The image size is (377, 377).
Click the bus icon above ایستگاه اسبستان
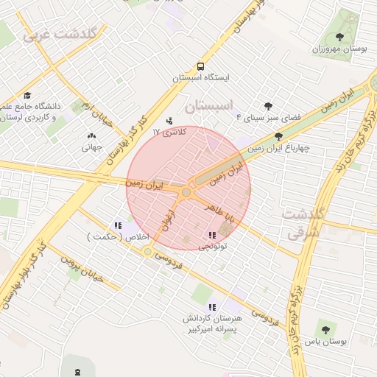pos(201,65)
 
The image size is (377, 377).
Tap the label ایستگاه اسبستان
pos(201,77)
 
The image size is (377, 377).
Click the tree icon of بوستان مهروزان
pos(339,37)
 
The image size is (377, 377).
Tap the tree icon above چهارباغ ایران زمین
pos(278,136)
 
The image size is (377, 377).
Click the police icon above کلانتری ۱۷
pos(171,121)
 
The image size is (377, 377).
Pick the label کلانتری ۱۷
pos(170,132)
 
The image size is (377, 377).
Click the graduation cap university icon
pos(27,96)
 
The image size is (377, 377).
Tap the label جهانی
pos(91,147)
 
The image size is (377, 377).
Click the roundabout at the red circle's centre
pos(186,192)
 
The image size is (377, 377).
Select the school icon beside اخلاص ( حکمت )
pos(118,226)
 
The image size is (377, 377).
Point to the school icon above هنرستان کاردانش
pos(212,307)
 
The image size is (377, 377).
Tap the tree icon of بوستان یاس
pos(326,330)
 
